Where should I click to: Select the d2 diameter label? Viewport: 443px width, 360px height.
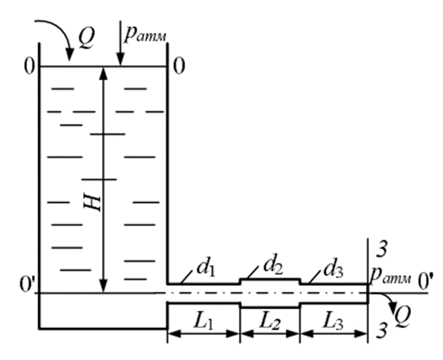point(275,265)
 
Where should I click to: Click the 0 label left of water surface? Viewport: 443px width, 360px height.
point(28,67)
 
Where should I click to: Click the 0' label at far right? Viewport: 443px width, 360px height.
point(426,279)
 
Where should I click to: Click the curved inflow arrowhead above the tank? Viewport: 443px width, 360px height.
point(69,53)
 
